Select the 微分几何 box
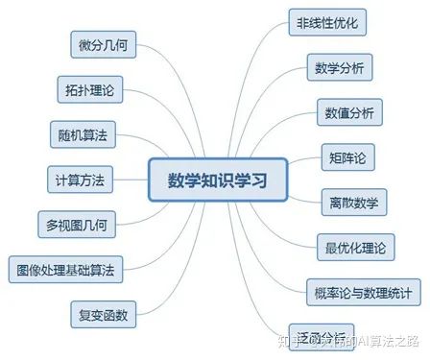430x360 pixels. tap(101, 44)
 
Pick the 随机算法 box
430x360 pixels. tap(82, 134)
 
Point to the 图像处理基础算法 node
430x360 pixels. tap(64, 270)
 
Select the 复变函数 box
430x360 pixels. tap(103, 313)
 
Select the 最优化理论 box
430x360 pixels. tap(354, 247)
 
